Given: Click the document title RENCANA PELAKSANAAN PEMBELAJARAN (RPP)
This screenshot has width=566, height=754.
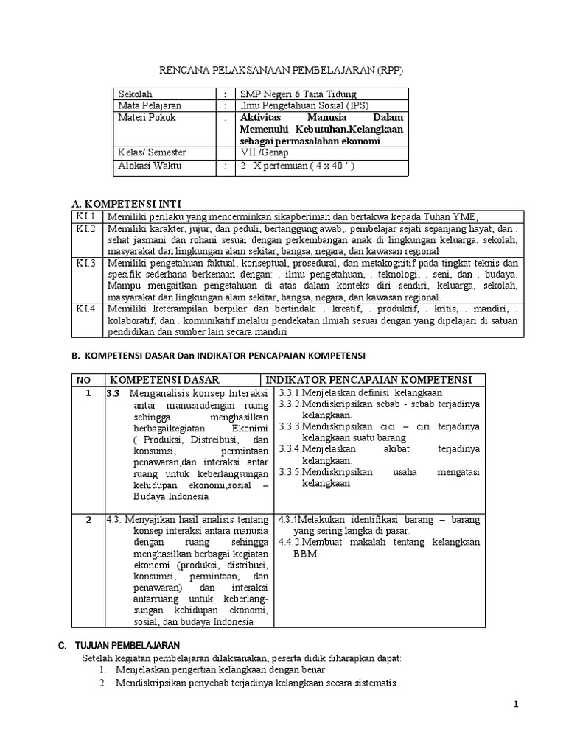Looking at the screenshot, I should pos(283,69).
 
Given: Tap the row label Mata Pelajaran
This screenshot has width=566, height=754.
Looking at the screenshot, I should pos(150,105).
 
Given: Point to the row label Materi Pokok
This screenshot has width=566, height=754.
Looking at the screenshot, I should pos(147,117).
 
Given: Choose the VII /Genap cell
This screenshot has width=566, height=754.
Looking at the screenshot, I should pos(265,152).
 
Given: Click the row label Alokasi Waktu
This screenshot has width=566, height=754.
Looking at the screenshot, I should pos(152,166).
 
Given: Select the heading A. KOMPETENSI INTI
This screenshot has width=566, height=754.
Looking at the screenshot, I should pos(125,203).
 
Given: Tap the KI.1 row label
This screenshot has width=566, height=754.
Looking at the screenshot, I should pos(86,216).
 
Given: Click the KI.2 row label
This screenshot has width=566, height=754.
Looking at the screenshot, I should pos(86,229).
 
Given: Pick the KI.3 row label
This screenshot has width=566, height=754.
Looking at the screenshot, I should pos(86,263).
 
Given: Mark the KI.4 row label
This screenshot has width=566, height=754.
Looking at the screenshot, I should pos(86,309).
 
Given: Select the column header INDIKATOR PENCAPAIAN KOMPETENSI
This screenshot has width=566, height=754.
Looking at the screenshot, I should pos(368,379).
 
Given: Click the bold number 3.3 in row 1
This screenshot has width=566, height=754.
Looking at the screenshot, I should pos(113,393).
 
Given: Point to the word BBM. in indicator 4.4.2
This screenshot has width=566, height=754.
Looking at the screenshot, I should pos(307,554).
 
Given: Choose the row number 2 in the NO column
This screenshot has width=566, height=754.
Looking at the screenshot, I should pos(88,519).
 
